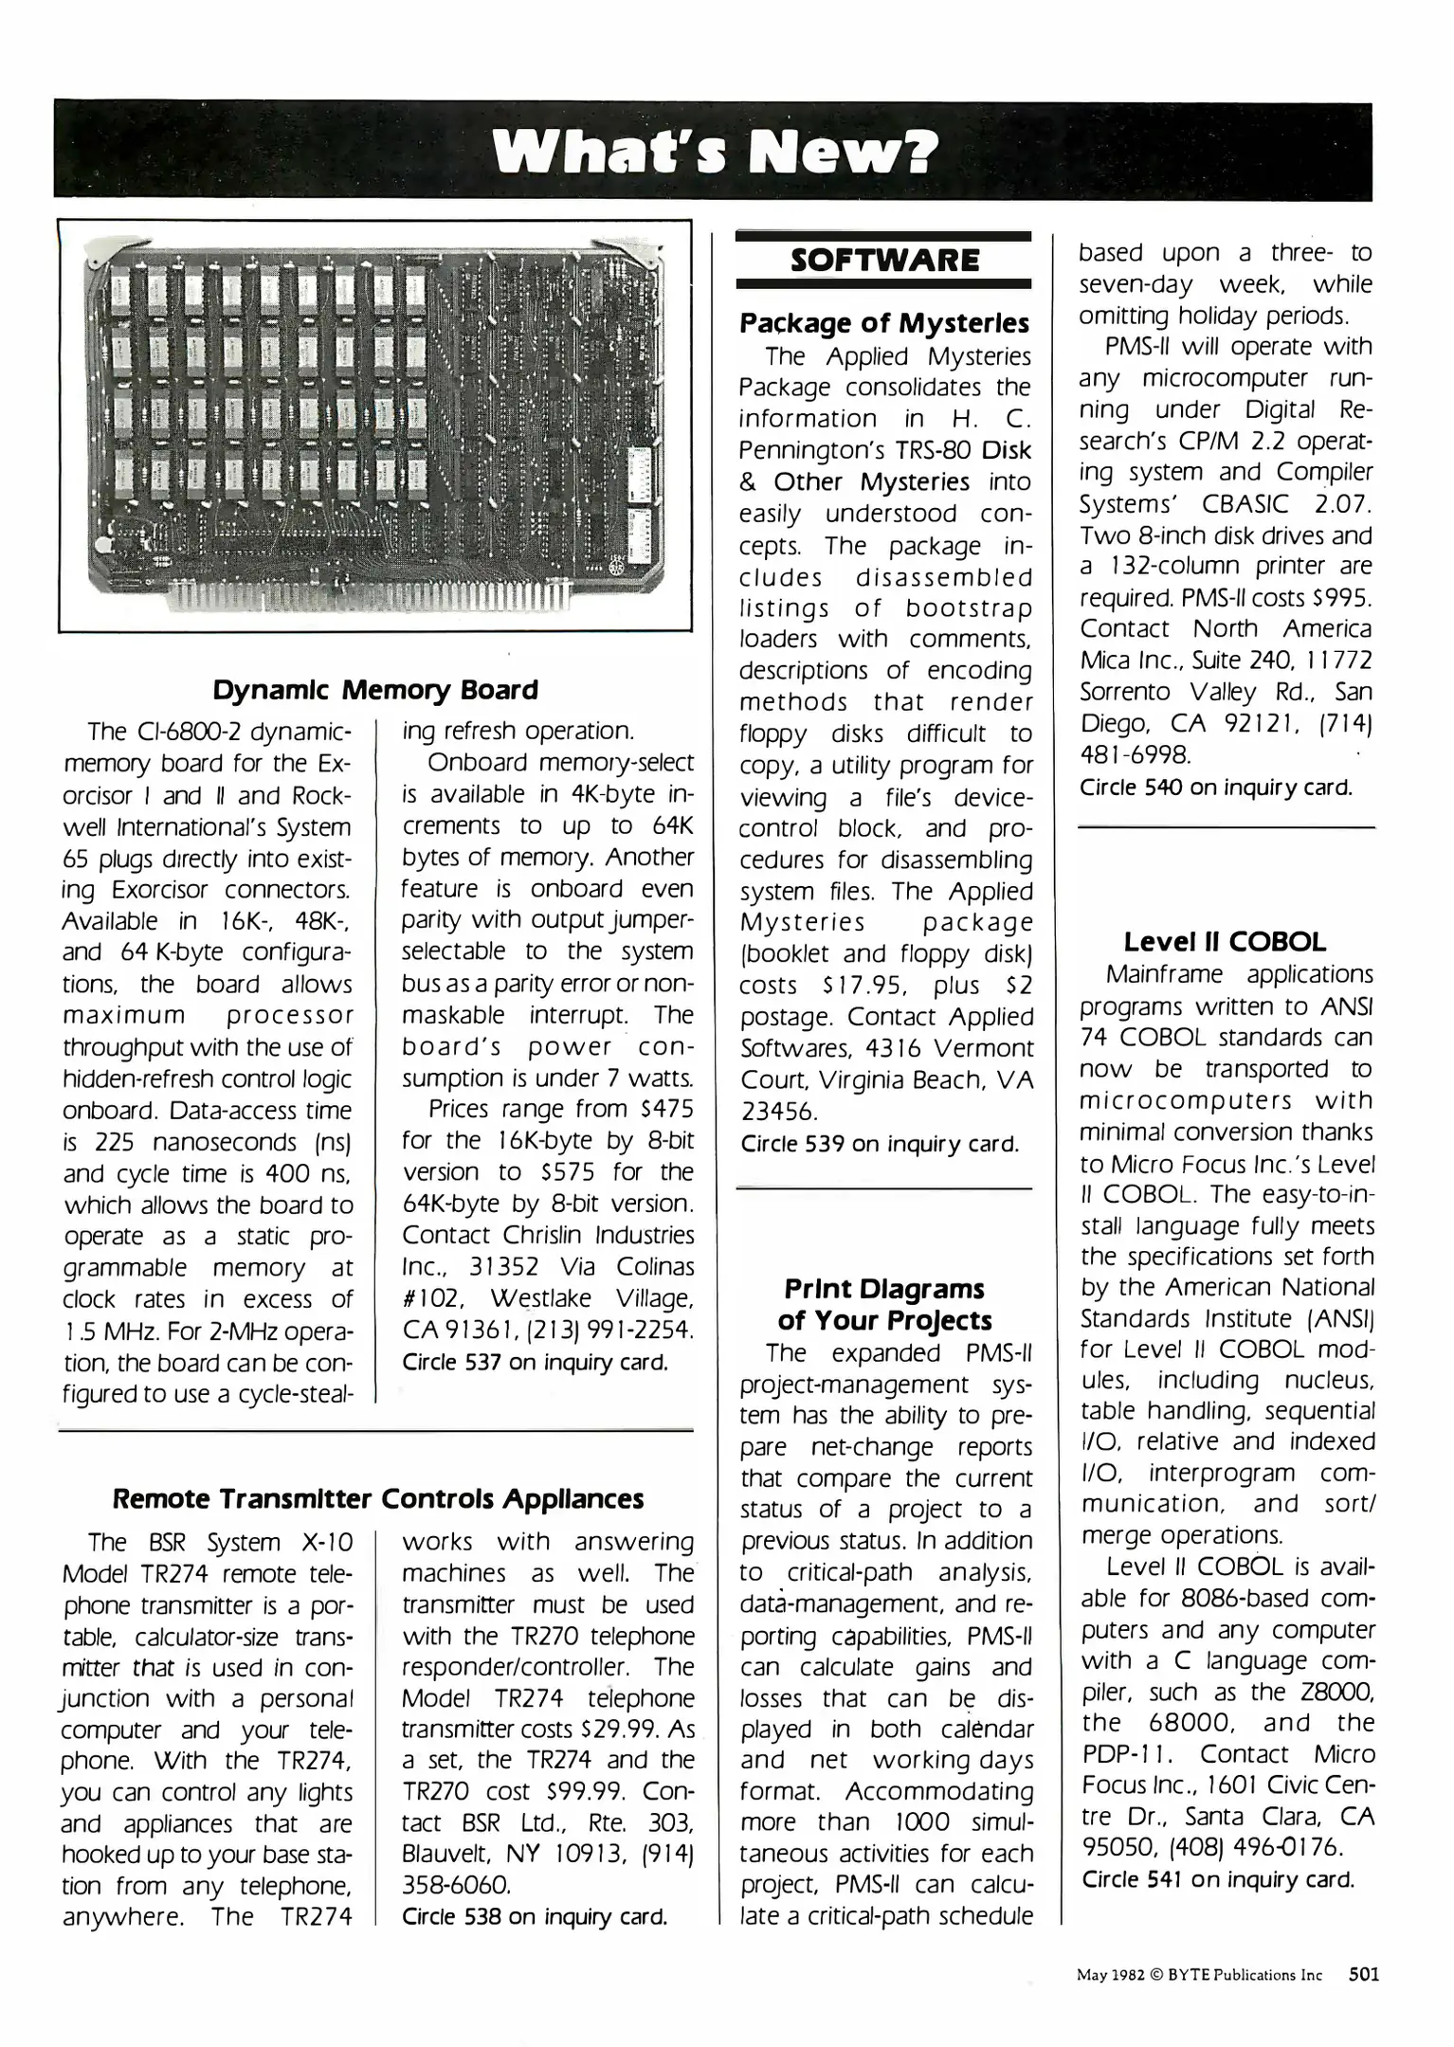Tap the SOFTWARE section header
tap(884, 260)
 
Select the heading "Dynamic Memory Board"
tap(375, 689)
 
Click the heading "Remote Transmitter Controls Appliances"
tap(378, 1498)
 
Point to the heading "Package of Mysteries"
tap(884, 323)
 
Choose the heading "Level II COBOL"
tap(1225, 942)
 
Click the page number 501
tap(1363, 1975)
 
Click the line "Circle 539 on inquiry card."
tap(879, 1144)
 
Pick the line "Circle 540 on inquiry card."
tap(1215, 787)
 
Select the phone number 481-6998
tap(1136, 754)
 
